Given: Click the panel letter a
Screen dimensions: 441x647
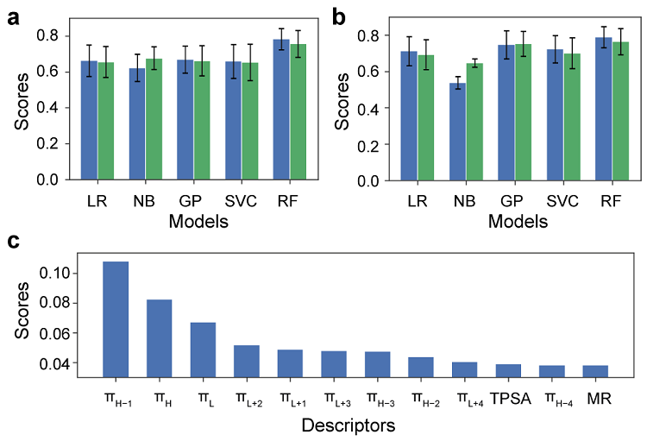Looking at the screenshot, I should [14, 15].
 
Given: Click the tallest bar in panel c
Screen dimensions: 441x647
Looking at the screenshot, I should [116, 318].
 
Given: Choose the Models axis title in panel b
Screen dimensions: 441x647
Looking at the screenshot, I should [519, 222].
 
